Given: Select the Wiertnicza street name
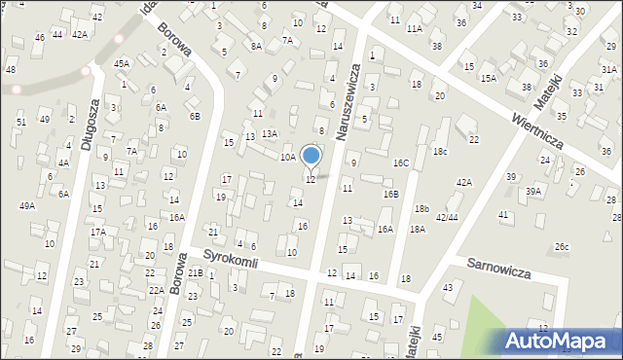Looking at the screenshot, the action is click(537, 127).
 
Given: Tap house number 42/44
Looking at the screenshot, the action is click(447, 217).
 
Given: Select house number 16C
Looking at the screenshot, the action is click(400, 162).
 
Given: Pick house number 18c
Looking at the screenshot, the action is click(440, 151).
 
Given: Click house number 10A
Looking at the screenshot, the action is click(287, 157).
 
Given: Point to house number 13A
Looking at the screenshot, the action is click(270, 133).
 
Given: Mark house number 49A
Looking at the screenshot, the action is click(27, 206).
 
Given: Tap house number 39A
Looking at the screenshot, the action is click(533, 192).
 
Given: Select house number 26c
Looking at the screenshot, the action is click(562, 247).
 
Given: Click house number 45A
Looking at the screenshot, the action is click(121, 63).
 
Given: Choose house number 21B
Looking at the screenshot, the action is click(196, 272).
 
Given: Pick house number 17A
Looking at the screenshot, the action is click(98, 232).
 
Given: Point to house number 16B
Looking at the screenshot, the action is click(390, 195).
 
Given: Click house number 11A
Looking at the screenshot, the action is click(414, 29).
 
